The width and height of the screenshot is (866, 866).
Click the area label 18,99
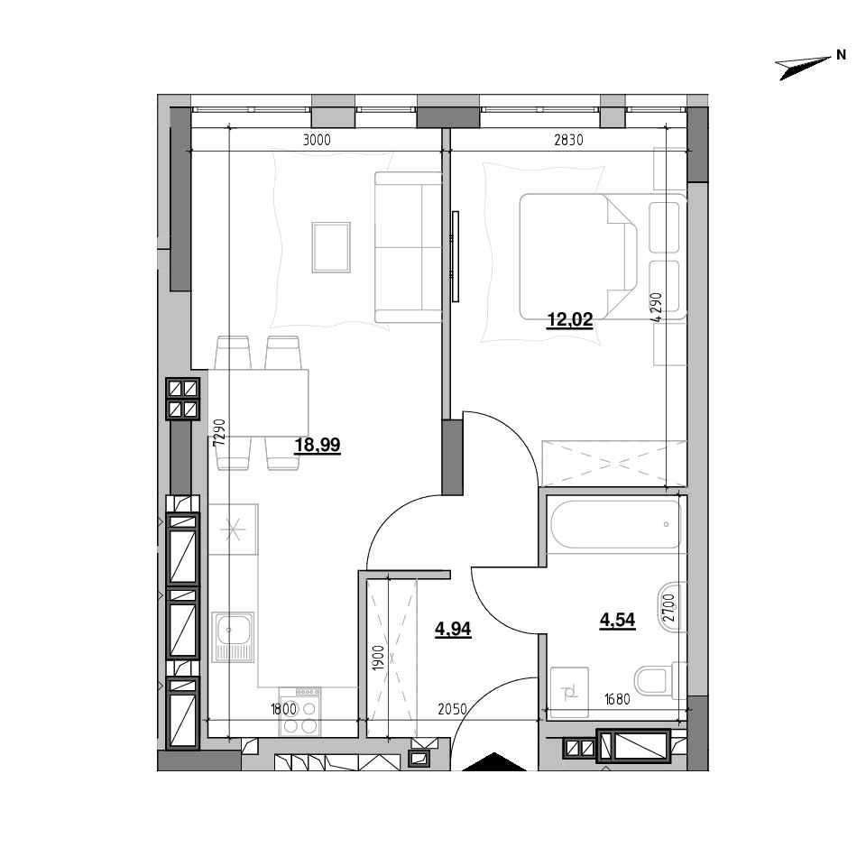318,445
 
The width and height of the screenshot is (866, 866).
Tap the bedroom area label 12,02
569,319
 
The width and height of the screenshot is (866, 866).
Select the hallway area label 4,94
453,629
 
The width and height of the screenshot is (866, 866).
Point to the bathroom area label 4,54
617,621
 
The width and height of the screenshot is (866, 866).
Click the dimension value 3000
317,141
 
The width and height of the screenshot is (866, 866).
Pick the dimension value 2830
569,141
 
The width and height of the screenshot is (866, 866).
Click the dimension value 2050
452,709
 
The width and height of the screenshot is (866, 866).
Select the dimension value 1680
617,699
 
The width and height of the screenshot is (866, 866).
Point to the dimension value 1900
378,658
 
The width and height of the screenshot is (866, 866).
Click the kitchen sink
233,637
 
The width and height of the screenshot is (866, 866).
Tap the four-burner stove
299,711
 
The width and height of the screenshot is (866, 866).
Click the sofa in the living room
408,247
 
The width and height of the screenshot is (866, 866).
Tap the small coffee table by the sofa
331,247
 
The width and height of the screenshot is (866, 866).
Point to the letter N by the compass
841,55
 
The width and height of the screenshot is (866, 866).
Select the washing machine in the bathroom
569,692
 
